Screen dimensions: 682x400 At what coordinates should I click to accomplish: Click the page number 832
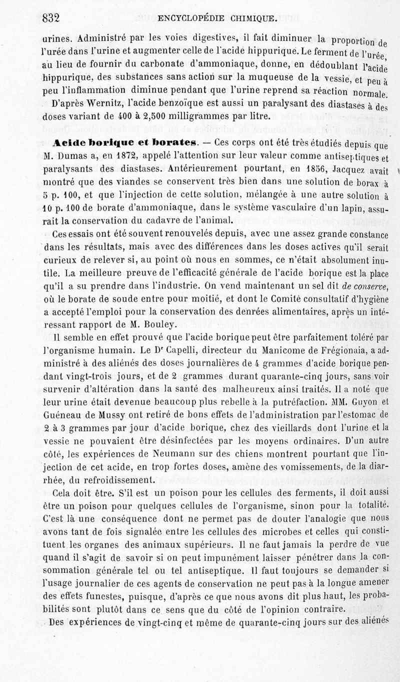click(x=51, y=18)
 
